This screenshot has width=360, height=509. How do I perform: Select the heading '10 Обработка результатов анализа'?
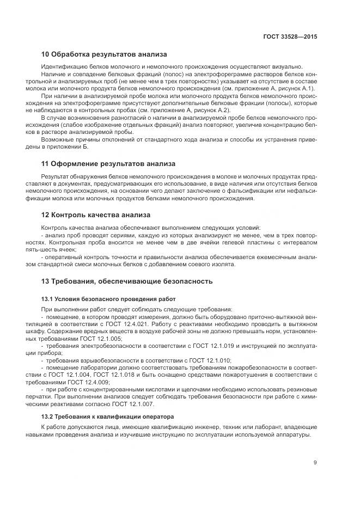coord(104,54)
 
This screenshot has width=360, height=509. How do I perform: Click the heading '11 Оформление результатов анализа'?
coord(108,163)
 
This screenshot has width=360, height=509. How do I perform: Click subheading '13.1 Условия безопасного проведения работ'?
coord(108,299)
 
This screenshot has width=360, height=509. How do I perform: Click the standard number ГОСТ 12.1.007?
coord(138,404)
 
